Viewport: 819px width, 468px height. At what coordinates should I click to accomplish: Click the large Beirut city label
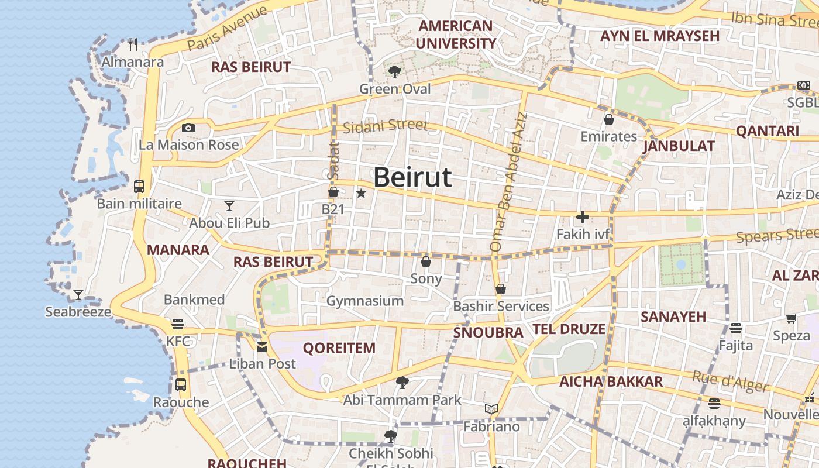point(412,177)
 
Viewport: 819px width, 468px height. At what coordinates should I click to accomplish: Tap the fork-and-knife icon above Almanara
point(133,44)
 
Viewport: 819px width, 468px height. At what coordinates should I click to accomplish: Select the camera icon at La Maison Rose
point(188,128)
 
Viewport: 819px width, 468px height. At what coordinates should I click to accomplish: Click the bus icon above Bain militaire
point(139,187)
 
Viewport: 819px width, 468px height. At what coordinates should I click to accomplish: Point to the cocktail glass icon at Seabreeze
point(78,294)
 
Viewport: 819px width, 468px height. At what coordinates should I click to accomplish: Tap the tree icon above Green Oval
point(395,72)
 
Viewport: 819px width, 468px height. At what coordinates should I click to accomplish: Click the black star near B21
point(361,193)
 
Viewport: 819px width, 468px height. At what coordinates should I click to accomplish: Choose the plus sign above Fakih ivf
point(582,217)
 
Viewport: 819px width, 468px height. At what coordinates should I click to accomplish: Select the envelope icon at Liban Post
point(262,346)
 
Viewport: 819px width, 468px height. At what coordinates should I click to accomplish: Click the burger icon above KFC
point(178,324)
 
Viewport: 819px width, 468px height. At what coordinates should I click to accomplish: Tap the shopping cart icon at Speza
point(791,319)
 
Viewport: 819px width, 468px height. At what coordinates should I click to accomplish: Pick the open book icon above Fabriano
point(491,409)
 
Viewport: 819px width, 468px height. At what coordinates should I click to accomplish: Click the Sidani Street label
point(386,126)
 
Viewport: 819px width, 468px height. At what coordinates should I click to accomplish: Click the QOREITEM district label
point(339,348)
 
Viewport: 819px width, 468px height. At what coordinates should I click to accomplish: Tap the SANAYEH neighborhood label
point(673,317)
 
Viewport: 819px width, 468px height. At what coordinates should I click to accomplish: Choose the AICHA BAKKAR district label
point(611,382)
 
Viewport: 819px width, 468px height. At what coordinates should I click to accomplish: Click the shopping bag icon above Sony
point(426,261)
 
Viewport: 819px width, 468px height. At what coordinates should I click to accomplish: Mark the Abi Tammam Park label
point(402,401)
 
